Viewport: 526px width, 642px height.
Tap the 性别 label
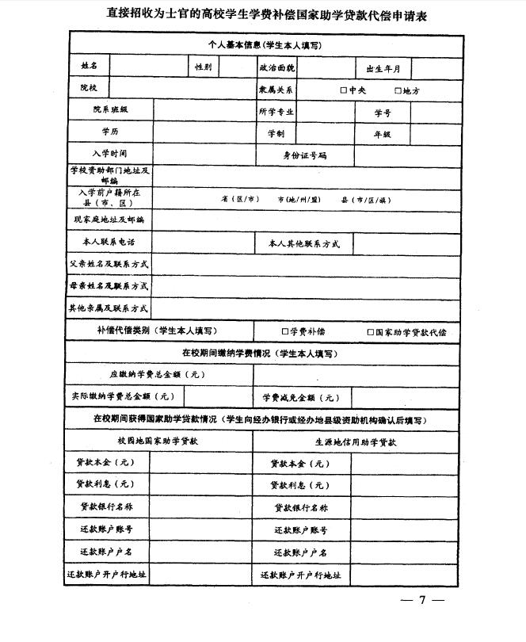coord(204,68)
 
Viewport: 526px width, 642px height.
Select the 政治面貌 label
coord(276,68)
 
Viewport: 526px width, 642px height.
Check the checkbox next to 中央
coord(344,90)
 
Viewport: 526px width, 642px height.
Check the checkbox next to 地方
coord(398,90)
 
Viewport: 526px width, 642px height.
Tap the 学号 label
coord(383,113)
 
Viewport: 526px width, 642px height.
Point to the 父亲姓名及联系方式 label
coord(109,264)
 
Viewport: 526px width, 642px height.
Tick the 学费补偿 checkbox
coord(285,331)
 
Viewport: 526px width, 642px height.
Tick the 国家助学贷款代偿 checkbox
coord(370,331)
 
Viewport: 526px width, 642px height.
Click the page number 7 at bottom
coord(423,600)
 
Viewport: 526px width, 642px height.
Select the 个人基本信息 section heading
coord(264,46)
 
